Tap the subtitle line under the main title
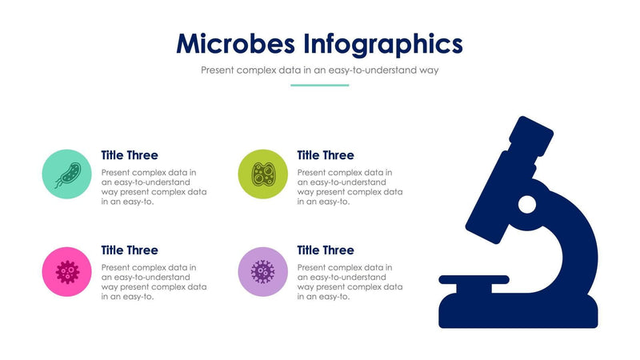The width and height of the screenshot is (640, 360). click(320, 70)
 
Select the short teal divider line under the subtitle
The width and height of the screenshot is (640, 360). click(319, 85)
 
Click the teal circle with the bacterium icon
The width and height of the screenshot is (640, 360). click(67, 174)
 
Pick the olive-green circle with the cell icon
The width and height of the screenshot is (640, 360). click(263, 174)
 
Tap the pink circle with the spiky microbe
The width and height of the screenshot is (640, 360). click(67, 271)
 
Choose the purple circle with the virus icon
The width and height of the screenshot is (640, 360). click(263, 271)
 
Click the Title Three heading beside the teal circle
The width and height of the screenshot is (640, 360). click(130, 155)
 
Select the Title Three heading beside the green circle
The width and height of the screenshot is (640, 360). click(326, 155)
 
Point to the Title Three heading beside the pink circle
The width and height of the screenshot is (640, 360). click(130, 250)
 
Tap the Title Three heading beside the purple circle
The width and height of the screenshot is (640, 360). click(326, 250)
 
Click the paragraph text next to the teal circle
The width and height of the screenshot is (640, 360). click(154, 187)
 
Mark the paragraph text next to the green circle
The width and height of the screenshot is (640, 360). click(350, 187)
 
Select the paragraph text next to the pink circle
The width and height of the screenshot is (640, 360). click(154, 282)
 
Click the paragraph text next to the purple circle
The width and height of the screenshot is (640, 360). click(350, 282)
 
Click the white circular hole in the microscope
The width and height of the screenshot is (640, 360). click(526, 205)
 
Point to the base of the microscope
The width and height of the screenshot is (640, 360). click(518, 314)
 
